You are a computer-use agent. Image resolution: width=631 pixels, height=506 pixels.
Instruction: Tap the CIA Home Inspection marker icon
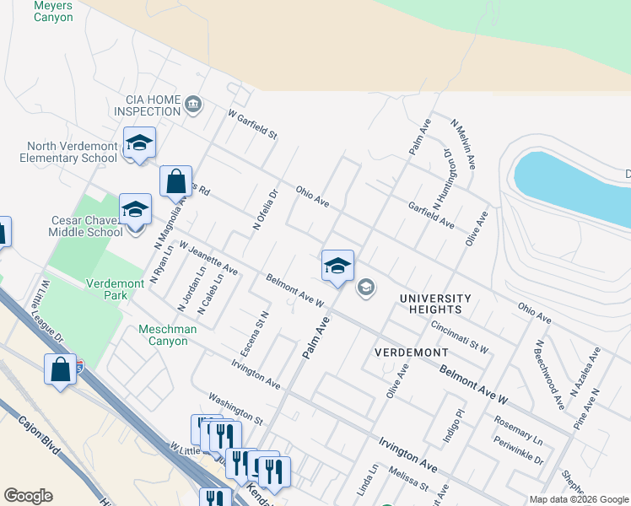point(194,105)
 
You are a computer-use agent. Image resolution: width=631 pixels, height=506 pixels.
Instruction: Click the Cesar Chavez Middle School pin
point(135,211)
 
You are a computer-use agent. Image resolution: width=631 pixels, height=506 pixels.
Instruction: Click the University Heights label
point(435,304)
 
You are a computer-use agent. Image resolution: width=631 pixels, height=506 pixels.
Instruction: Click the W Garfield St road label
point(251,125)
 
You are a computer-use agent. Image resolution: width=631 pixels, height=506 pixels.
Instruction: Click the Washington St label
point(235,407)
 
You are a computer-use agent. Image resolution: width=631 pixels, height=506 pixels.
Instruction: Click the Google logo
point(28,496)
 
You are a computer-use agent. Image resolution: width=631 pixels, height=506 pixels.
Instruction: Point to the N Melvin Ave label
point(462,143)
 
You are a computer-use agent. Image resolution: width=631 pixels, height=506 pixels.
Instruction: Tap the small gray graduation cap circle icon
point(365,288)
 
